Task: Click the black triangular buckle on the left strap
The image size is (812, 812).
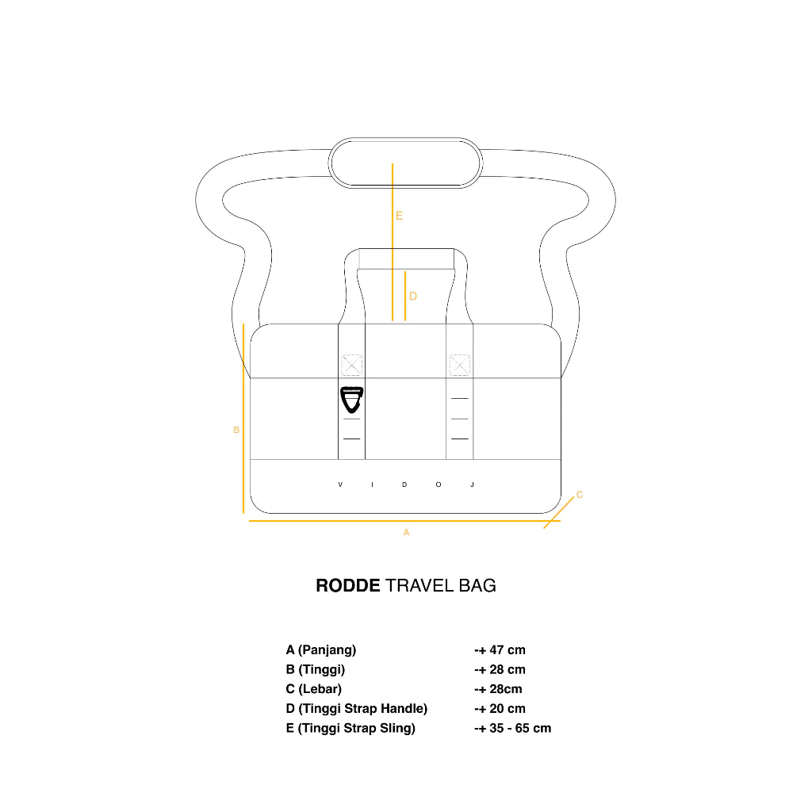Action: point(350,399)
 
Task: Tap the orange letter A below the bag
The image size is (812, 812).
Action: point(406,533)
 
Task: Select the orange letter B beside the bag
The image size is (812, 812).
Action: point(236,431)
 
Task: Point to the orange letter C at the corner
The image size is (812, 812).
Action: point(580,495)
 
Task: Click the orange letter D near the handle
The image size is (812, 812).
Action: point(413,297)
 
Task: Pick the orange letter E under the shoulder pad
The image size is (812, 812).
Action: point(400,216)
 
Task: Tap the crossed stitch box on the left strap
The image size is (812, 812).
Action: point(351,365)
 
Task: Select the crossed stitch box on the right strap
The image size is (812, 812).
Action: point(460,365)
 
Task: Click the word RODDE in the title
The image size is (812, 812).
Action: point(348,586)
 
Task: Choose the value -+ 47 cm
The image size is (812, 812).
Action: point(500,650)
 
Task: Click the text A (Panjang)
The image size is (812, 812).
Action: point(321,650)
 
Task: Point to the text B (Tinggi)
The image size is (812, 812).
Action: point(316,670)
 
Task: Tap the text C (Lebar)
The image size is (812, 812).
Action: point(314,689)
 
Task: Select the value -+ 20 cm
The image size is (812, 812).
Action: point(500,709)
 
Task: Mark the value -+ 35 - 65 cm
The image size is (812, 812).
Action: point(512,728)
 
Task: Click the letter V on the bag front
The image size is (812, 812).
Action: point(340,485)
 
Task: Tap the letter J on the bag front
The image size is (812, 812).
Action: point(472,485)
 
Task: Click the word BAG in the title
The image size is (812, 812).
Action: point(477,586)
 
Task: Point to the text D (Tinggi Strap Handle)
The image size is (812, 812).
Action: point(357,709)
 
